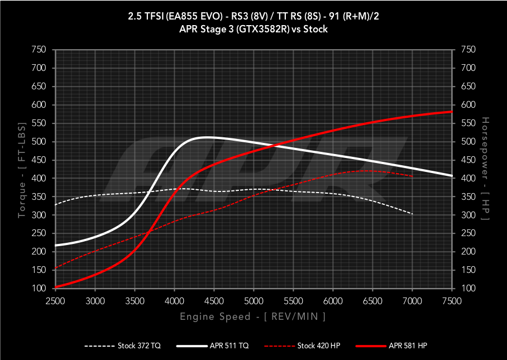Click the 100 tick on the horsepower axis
tap(468, 289)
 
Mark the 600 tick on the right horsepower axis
tap(468, 105)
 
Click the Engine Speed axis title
tap(253, 317)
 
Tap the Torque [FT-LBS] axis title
tap(22, 169)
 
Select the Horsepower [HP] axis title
tap(485, 169)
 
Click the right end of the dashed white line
tap(413, 214)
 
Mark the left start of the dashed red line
tap(55, 268)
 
